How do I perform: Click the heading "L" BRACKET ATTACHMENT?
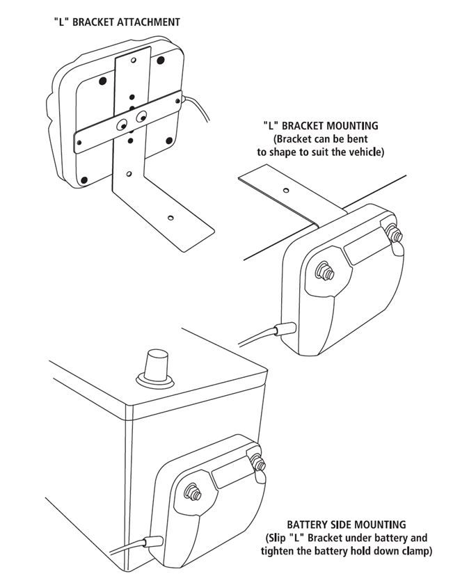117,22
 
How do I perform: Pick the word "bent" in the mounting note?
367,138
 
